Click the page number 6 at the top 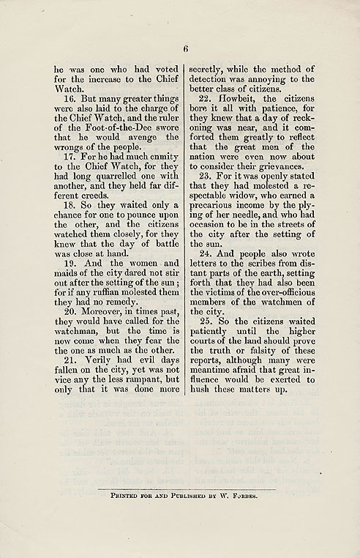click(186, 49)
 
